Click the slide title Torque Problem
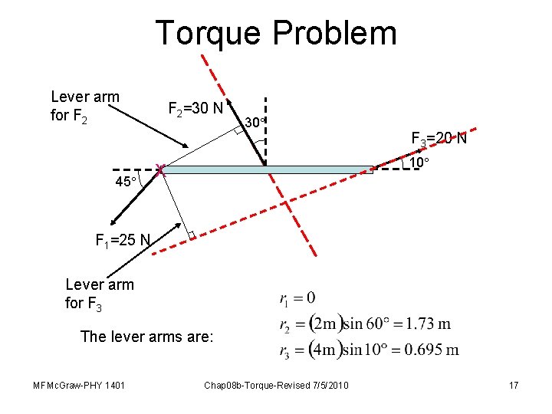[x=276, y=33]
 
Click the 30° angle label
[x=255, y=122]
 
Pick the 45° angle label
[x=125, y=182]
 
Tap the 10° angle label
[x=418, y=163]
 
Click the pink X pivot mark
[x=159, y=169]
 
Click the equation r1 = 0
[x=299, y=297]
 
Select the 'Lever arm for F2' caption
[x=84, y=107]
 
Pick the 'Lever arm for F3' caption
[x=99, y=294]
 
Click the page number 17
[x=513, y=384]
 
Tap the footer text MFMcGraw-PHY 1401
[x=79, y=384]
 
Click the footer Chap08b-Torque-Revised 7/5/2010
[x=275, y=384]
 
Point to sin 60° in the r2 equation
[x=365, y=324]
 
